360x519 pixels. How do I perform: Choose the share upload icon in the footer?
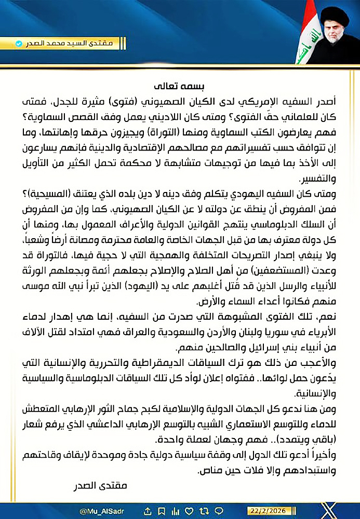pyautogui.click(x=148, y=511)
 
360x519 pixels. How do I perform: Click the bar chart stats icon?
pyautogui.click(x=175, y=511)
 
